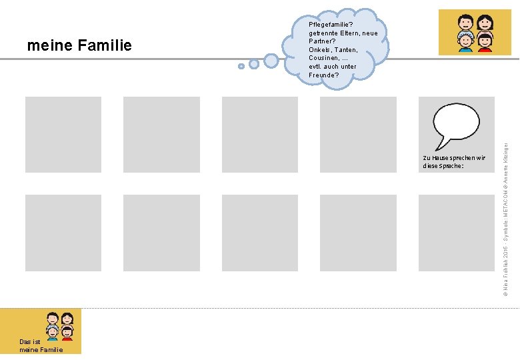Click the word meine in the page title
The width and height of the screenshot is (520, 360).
(x=49, y=46)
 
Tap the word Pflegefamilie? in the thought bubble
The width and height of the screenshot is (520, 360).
(x=331, y=25)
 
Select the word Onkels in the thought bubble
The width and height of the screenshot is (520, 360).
(x=320, y=50)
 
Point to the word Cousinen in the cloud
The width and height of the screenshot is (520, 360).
(x=323, y=58)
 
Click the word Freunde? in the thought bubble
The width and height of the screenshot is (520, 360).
(x=324, y=75)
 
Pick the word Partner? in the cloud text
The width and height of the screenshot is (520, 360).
(x=322, y=41)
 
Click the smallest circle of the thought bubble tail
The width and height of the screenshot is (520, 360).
(x=241, y=66)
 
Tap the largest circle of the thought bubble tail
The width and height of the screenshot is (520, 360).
(x=271, y=61)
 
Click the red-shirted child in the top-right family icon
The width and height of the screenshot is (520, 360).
(x=485, y=42)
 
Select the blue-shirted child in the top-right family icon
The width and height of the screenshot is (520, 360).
(x=465, y=43)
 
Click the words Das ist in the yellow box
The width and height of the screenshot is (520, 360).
(x=30, y=342)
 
